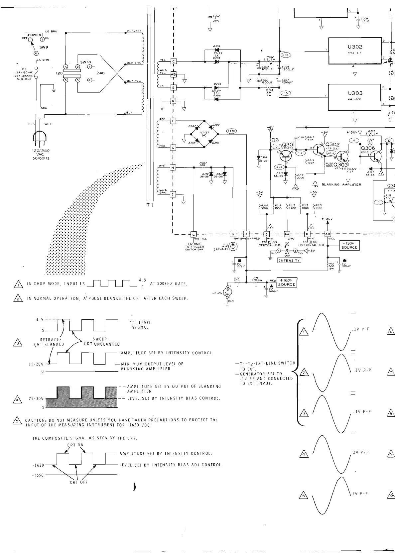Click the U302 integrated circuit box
point(354,51)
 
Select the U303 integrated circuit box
point(354,97)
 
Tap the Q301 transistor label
point(288,145)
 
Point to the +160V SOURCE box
point(286,282)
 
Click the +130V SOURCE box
point(349,245)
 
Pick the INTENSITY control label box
point(289,261)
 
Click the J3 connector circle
point(233,247)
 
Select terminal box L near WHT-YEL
point(193,234)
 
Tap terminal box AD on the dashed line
point(328,234)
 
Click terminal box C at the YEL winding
point(173,61)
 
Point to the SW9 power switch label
point(44,47)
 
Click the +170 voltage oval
point(231,131)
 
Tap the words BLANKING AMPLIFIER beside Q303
point(341,184)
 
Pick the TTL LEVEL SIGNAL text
point(140,325)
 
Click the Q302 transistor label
point(332,144)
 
